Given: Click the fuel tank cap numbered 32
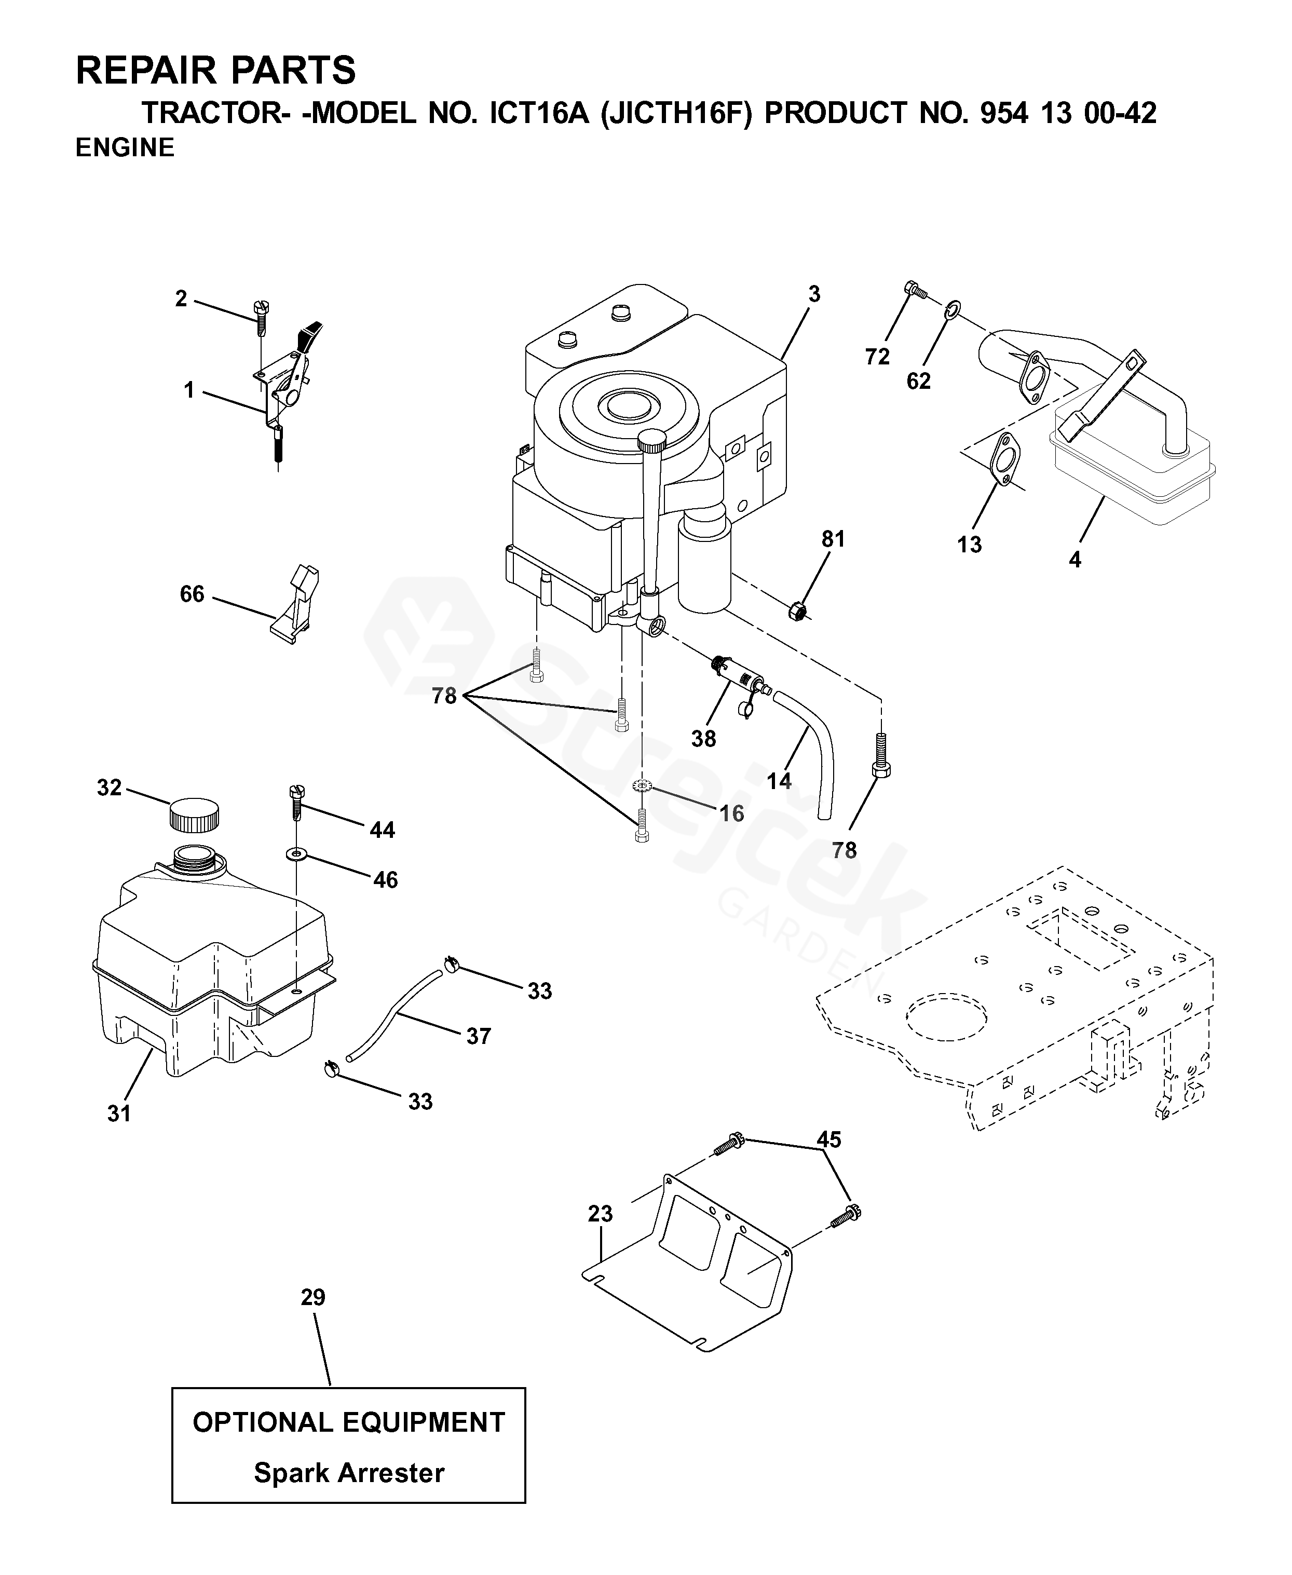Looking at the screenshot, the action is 194,814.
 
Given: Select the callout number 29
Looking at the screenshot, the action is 314,1297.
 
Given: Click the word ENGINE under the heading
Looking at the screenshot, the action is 125,147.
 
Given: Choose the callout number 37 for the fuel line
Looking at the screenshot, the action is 479,1036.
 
